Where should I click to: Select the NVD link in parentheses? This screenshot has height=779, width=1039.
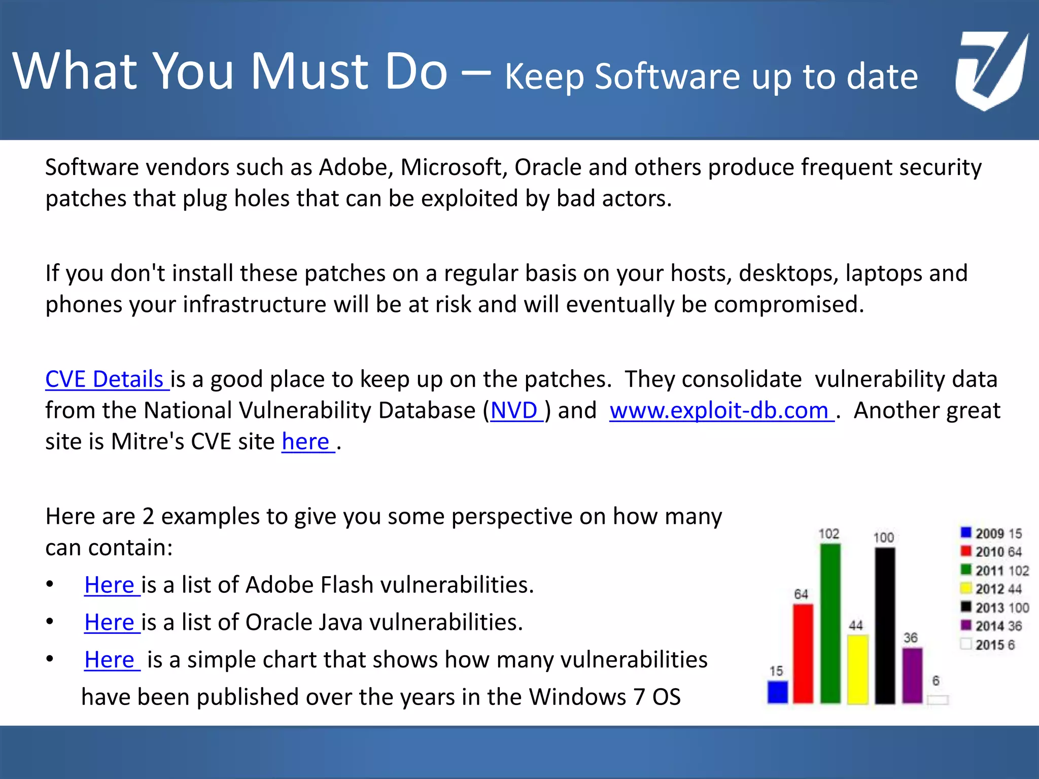514,410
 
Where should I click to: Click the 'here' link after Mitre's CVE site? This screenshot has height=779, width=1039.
306,442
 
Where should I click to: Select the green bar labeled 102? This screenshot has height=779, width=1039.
830,624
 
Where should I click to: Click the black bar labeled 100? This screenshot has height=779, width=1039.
885,626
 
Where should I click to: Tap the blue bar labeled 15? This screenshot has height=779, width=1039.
777,692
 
